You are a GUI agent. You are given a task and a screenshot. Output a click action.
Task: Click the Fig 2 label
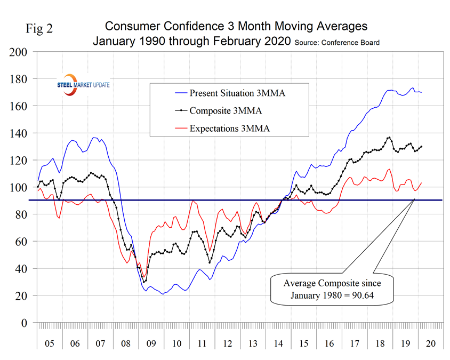(x=39, y=28)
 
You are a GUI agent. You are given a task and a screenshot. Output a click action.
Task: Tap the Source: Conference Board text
(x=337, y=43)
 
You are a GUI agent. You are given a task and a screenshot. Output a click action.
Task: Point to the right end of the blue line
(x=421, y=92)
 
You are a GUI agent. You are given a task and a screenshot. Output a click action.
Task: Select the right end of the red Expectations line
(x=421, y=183)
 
